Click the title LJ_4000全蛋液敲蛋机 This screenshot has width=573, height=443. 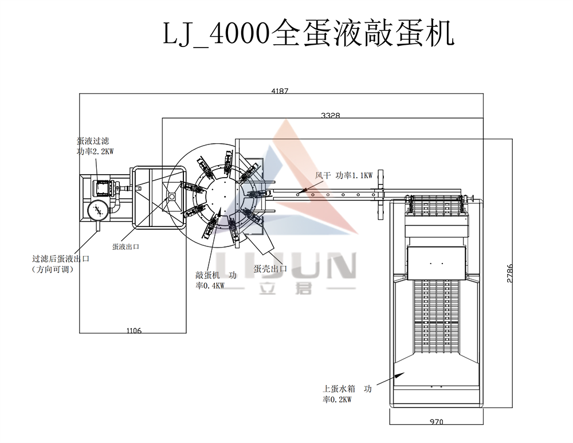pos(308,34)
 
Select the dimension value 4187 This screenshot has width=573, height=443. pos(280,91)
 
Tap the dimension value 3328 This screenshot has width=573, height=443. pos(331,116)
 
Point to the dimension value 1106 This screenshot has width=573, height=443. pos(134,331)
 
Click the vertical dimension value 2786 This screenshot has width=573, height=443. pos(510,273)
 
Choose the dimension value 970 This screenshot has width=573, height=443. pos(436,421)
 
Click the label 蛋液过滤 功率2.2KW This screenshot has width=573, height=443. pos(95,146)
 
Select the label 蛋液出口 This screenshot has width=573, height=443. pos(125,247)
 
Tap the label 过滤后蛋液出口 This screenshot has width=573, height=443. pos(61,259)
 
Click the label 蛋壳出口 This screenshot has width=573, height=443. pos(270,269)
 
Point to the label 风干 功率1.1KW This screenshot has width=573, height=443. pos(344,175)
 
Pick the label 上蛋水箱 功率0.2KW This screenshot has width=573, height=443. pos(347,394)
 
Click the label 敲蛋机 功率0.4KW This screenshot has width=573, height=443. pos(216,280)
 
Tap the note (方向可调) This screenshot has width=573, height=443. pos(53,269)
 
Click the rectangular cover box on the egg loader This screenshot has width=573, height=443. pos(437,263)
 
